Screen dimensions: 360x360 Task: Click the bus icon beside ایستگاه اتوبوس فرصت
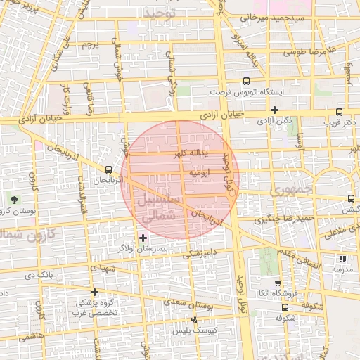[x=246, y=81]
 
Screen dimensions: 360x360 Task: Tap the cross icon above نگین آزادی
[x=274, y=110]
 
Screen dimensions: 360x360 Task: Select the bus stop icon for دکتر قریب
[x=340, y=111]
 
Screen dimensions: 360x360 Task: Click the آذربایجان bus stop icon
[x=108, y=169]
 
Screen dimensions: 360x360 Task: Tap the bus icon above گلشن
[x=351, y=199]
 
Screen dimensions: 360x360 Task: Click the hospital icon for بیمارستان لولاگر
[x=143, y=238]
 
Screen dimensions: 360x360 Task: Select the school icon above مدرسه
[x=342, y=259]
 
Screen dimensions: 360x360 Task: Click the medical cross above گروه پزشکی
[x=94, y=292]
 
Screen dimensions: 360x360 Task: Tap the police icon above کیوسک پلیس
[x=195, y=320]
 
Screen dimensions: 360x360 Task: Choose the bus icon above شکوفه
[x=285, y=307]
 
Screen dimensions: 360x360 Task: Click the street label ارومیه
[x=198, y=172]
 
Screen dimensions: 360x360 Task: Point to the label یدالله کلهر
[x=173, y=154]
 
